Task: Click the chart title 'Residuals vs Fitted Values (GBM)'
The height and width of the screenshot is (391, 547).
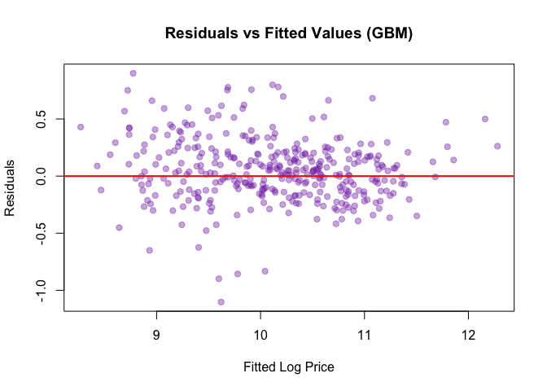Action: pyautogui.click(x=289, y=34)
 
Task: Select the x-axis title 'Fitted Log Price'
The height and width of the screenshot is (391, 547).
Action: pyautogui.click(x=289, y=367)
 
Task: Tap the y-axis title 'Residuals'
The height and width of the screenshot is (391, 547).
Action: pyautogui.click(x=11, y=188)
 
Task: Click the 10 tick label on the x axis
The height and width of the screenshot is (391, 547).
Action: pyautogui.click(x=260, y=335)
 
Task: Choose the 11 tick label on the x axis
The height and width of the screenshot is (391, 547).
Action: pyautogui.click(x=364, y=335)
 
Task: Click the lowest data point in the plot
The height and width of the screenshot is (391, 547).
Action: pyautogui.click(x=221, y=302)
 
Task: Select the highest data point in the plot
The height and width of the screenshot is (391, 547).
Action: pyautogui.click(x=133, y=73)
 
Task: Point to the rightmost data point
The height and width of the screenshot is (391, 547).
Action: pyautogui.click(x=497, y=147)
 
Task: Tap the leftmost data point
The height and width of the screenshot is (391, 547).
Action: pyautogui.click(x=81, y=127)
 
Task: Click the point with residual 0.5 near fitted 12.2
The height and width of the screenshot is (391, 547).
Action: pyautogui.click(x=484, y=119)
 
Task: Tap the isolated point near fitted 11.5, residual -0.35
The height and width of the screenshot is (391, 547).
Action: pyautogui.click(x=417, y=216)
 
